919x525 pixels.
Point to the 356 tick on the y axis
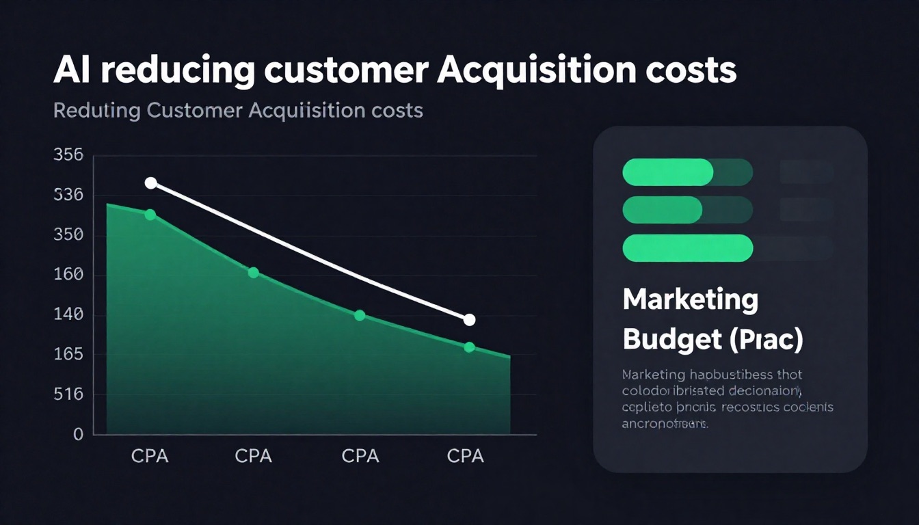pos(68,155)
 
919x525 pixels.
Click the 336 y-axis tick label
pos(68,195)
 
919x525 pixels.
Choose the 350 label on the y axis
pos(68,235)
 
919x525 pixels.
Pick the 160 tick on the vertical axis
pos(68,275)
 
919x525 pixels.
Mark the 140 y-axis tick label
pos(68,314)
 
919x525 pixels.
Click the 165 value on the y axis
pos(68,354)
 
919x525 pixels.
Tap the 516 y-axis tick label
pos(68,394)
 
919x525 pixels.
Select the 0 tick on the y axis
pos(78,434)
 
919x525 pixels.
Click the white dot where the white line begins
pos(151,183)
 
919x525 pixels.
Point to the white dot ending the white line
pos(469,319)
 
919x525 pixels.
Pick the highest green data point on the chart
pos(150,215)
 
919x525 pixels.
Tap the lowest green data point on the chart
pos(469,347)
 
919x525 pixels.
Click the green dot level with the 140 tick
pos(360,315)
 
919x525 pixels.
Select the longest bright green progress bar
pos(687,248)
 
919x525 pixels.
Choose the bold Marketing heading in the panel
pos(690,300)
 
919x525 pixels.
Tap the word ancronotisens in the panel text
pos(663,423)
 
